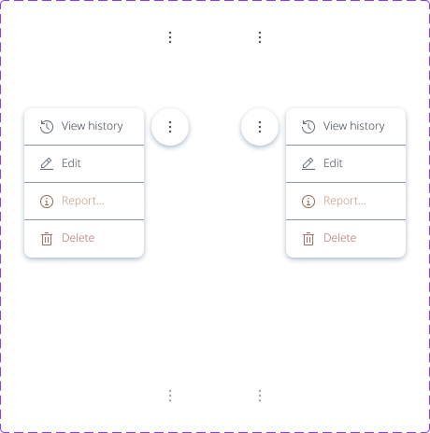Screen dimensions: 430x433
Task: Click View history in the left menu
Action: tap(92, 126)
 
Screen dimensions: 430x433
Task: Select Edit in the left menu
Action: tap(71, 163)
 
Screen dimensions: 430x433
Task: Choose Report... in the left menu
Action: tap(83, 201)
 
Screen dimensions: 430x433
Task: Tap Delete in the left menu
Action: tap(79, 238)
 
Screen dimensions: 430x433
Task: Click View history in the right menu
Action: tap(353, 126)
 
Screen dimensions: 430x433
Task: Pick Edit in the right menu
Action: tap(333, 163)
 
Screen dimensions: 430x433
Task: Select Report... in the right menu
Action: tap(345, 201)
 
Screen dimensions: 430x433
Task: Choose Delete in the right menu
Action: tap(340, 238)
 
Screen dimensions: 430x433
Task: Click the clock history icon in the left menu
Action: tap(47, 127)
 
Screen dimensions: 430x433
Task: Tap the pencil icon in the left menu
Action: tap(47, 163)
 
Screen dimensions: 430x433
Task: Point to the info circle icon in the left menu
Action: tap(47, 202)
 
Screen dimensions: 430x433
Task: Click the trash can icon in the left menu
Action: tap(47, 239)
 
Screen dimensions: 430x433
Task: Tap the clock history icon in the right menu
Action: tap(308, 127)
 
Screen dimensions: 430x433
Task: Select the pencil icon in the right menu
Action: tap(308, 163)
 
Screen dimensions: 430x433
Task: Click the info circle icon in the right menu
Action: tap(308, 202)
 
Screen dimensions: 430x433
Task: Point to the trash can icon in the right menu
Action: tap(308, 239)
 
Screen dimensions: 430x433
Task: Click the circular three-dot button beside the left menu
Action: tap(170, 127)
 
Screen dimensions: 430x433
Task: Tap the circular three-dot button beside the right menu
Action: tap(260, 127)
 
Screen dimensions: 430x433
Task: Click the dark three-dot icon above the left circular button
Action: tap(170, 37)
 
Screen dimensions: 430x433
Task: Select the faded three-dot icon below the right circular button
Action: tap(260, 396)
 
